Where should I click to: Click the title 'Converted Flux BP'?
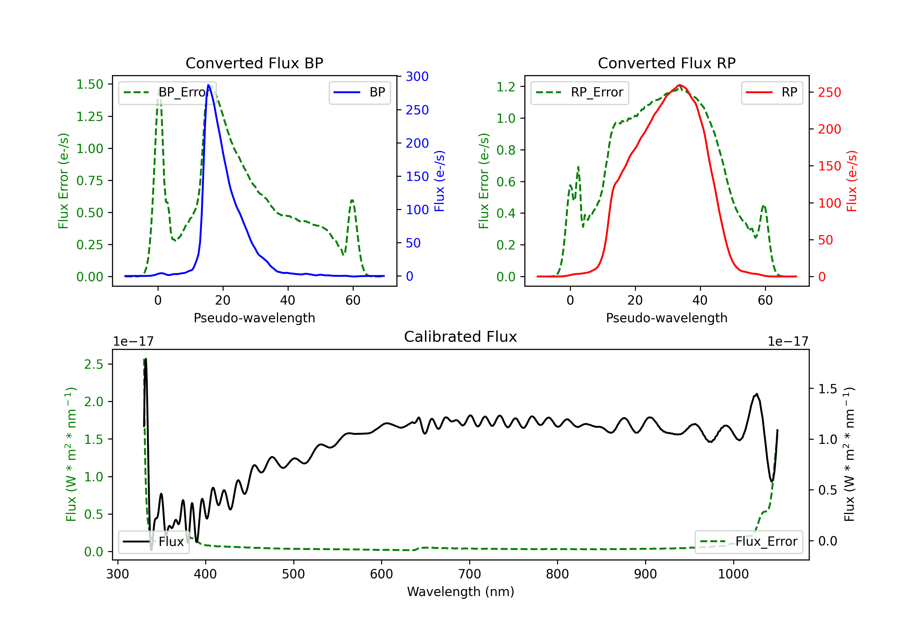254,63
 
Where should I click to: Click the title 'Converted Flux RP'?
666,63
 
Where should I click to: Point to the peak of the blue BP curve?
209,85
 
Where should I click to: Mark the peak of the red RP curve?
679,85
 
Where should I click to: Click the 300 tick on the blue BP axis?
417,77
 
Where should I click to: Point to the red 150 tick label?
829,166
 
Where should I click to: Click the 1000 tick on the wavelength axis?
733,574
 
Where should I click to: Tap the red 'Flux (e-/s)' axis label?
852,181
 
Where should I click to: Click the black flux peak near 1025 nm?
756,394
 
